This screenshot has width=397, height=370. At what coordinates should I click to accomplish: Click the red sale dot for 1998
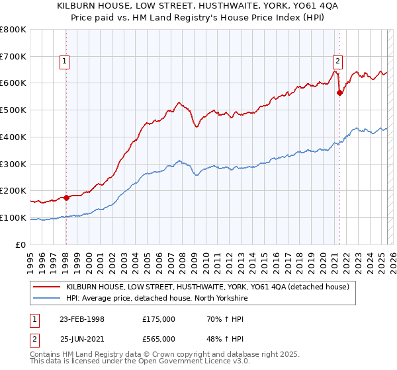(66, 197)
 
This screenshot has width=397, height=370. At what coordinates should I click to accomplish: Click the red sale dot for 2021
(339, 93)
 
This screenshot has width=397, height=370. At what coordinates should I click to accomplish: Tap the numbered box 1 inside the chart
(65, 61)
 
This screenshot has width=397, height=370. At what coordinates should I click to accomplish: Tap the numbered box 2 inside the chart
(337, 61)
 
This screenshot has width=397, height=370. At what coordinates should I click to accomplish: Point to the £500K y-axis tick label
(13, 110)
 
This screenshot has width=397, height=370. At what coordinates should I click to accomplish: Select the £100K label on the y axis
(13, 217)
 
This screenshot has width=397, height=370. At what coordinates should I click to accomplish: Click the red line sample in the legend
(47, 287)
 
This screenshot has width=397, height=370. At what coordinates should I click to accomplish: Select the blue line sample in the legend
(47, 298)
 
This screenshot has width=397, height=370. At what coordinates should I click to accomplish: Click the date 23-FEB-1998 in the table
(82, 319)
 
